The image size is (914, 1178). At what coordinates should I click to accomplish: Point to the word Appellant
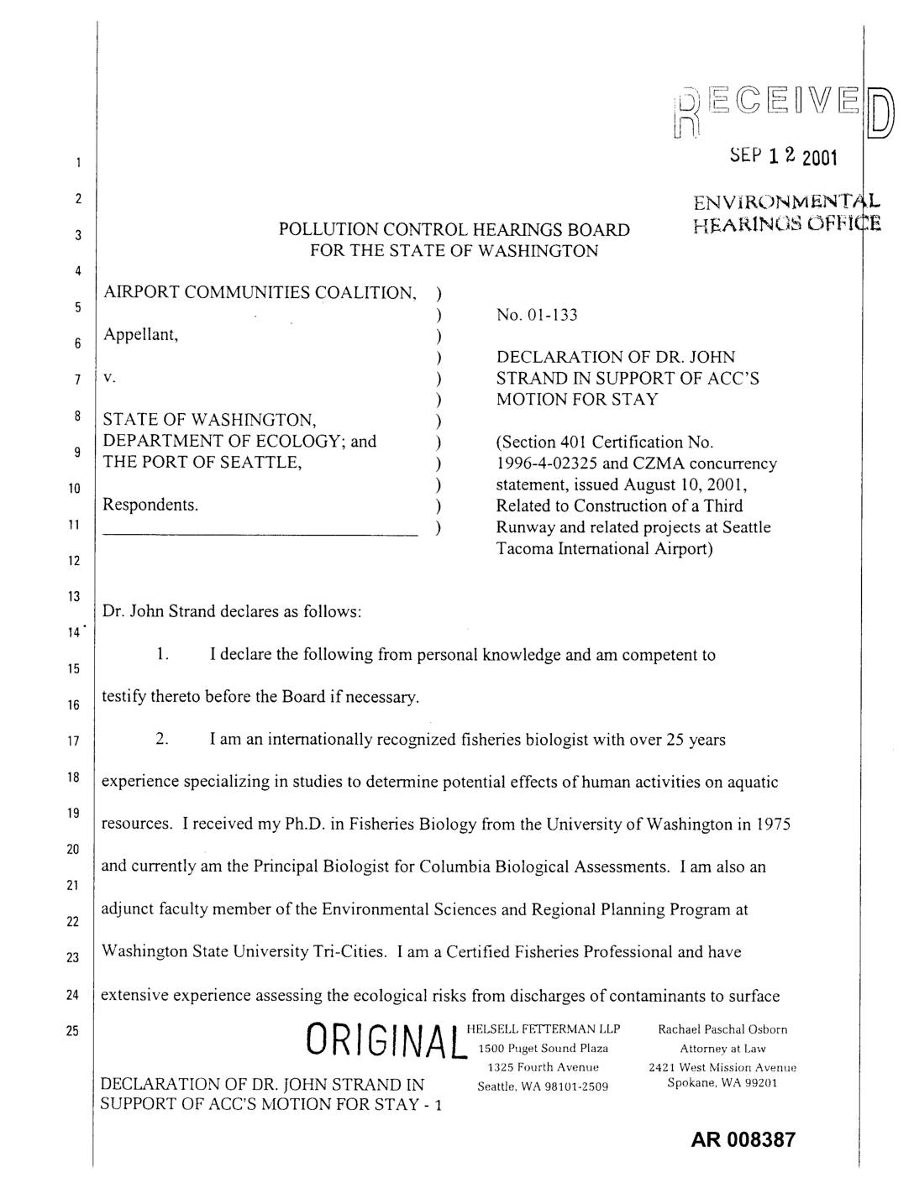point(139,335)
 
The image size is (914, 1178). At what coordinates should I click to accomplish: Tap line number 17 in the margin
point(74,741)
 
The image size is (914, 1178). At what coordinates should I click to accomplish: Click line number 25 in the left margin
point(74,1030)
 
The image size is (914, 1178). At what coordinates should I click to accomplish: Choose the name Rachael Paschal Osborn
point(722,1029)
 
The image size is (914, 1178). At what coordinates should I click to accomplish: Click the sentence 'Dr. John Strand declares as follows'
point(232,612)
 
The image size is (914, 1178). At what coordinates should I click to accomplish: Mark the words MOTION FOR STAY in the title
point(577,399)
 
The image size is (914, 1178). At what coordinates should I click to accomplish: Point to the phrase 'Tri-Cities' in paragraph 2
point(349,952)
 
